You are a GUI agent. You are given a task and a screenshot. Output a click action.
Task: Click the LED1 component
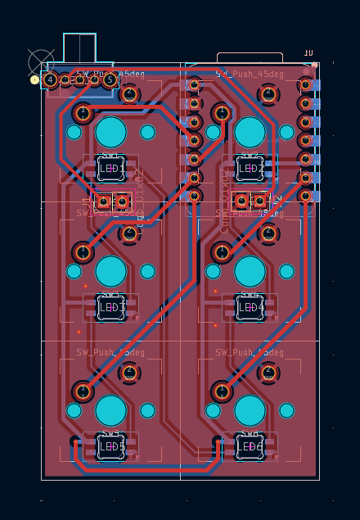click(x=110, y=169)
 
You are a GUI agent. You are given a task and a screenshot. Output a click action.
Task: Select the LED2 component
click(x=250, y=169)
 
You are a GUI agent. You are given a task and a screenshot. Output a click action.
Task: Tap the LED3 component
click(x=110, y=307)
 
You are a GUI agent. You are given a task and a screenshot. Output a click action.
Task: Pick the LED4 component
click(x=250, y=307)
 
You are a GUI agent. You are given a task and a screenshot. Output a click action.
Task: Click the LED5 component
click(x=110, y=446)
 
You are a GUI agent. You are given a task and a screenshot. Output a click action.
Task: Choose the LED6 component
click(x=250, y=446)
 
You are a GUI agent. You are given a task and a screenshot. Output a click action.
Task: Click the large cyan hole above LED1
click(x=110, y=132)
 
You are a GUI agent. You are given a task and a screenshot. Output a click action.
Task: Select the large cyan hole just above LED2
click(x=250, y=132)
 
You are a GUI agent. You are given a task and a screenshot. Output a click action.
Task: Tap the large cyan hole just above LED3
click(x=110, y=271)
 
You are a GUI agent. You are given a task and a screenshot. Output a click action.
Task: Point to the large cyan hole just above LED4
click(x=250, y=271)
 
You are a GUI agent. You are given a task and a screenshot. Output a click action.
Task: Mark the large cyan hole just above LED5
click(x=110, y=410)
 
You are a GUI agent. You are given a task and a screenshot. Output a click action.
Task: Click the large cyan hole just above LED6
click(x=250, y=410)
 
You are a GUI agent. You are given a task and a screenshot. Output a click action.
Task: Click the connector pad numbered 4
click(x=51, y=79)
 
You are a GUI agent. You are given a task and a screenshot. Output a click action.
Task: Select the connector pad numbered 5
click(x=110, y=79)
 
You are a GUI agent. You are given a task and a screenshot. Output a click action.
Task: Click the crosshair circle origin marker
click(x=40, y=61)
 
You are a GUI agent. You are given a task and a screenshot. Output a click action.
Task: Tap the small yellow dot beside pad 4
click(x=34, y=80)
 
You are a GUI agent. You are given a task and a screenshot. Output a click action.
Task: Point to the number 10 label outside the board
click(x=308, y=52)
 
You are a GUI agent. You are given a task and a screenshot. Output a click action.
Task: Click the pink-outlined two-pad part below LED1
click(x=112, y=201)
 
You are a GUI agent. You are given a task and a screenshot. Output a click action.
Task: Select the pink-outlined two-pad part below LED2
click(x=250, y=200)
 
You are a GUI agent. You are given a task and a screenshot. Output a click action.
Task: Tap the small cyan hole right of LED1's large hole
click(x=147, y=132)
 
